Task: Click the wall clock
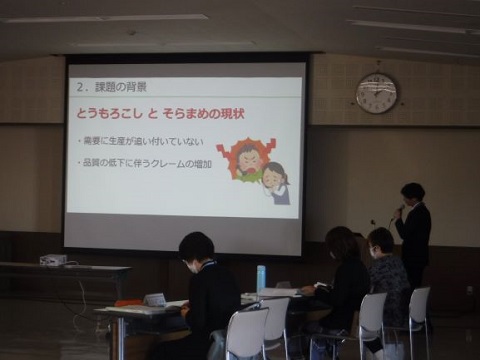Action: pyautogui.click(x=377, y=93)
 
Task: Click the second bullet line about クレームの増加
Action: pyautogui.click(x=144, y=164)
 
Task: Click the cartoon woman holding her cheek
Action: pyautogui.click(x=275, y=181)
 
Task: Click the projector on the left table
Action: pyautogui.click(x=53, y=260)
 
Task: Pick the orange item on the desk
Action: pyautogui.click(x=129, y=302)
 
